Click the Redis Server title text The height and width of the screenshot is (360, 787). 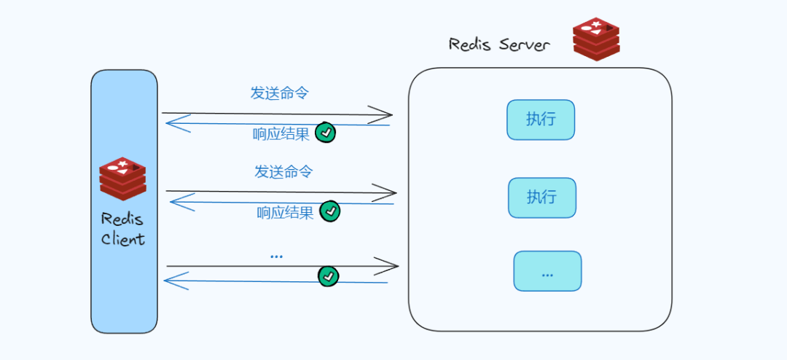499,44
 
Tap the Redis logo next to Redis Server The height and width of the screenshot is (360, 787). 595,39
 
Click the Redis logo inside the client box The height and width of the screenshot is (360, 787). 122,179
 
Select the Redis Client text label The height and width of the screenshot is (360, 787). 122,229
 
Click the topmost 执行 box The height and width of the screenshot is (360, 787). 541,120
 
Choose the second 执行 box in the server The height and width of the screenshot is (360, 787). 541,197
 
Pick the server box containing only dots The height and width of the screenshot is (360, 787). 547,271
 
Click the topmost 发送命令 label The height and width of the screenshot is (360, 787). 280,93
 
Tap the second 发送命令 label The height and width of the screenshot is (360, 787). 283,172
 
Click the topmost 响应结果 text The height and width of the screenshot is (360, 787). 281,134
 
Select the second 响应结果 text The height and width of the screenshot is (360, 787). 285,213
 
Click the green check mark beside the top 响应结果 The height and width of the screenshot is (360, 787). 326,133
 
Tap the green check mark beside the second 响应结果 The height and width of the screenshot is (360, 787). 330,211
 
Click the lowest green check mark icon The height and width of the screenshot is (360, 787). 329,276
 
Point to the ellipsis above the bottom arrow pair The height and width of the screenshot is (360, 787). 276,256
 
